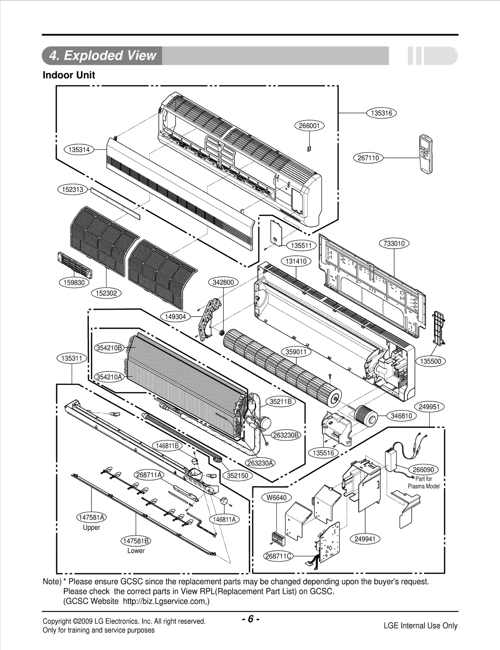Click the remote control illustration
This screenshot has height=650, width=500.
(426, 154)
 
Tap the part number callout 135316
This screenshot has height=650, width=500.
(381, 113)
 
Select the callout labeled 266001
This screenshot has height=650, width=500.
(309, 126)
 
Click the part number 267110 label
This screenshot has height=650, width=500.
(368, 158)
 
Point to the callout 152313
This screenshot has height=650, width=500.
(72, 189)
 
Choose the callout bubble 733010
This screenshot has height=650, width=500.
(394, 243)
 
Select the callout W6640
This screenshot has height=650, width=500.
(276, 498)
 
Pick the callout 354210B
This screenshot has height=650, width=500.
(109, 348)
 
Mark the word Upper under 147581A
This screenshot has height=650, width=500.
(91, 527)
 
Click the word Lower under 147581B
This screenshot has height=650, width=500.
(136, 551)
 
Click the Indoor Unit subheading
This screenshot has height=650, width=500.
(69, 75)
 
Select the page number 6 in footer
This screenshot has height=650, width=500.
(250, 619)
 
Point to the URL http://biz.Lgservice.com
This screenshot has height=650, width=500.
(166, 601)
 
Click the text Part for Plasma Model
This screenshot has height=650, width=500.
(423, 482)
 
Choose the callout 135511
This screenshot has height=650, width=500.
(301, 246)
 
